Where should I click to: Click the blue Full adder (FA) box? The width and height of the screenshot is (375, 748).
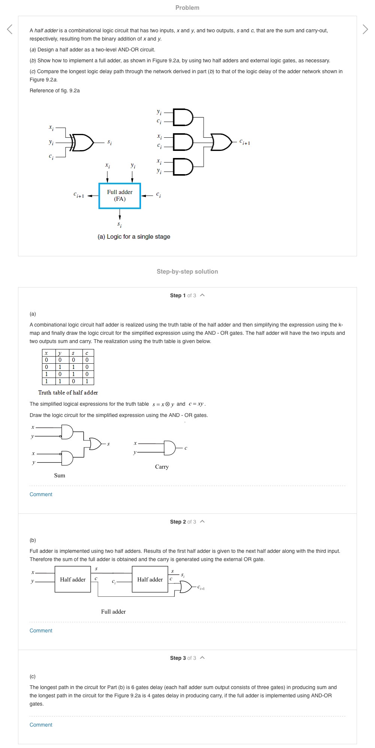(120, 196)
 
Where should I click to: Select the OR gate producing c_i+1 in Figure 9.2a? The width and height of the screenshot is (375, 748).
(222, 142)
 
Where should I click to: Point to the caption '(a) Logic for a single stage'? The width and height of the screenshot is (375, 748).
(134, 236)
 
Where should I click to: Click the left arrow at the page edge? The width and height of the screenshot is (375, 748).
(10, 29)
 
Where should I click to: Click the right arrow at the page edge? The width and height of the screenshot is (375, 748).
(365, 29)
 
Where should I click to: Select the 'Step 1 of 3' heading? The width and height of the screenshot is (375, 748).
(183, 295)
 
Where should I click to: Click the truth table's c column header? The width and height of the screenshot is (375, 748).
(87, 353)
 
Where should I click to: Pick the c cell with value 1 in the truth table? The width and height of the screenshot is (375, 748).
(87, 381)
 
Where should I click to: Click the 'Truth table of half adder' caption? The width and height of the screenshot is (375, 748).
(68, 393)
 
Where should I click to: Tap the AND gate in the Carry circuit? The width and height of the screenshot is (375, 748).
(169, 448)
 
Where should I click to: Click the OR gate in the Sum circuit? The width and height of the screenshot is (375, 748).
(95, 444)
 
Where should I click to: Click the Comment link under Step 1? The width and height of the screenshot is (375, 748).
(41, 494)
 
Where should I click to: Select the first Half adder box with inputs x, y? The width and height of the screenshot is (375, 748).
(73, 579)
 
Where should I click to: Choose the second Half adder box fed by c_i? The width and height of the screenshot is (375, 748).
(150, 579)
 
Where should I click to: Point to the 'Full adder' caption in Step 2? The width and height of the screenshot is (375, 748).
(113, 611)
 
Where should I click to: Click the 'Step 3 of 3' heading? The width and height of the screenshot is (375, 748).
(183, 658)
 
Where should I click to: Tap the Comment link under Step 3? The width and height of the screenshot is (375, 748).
(41, 725)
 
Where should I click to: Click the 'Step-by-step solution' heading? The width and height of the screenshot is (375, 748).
(187, 271)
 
